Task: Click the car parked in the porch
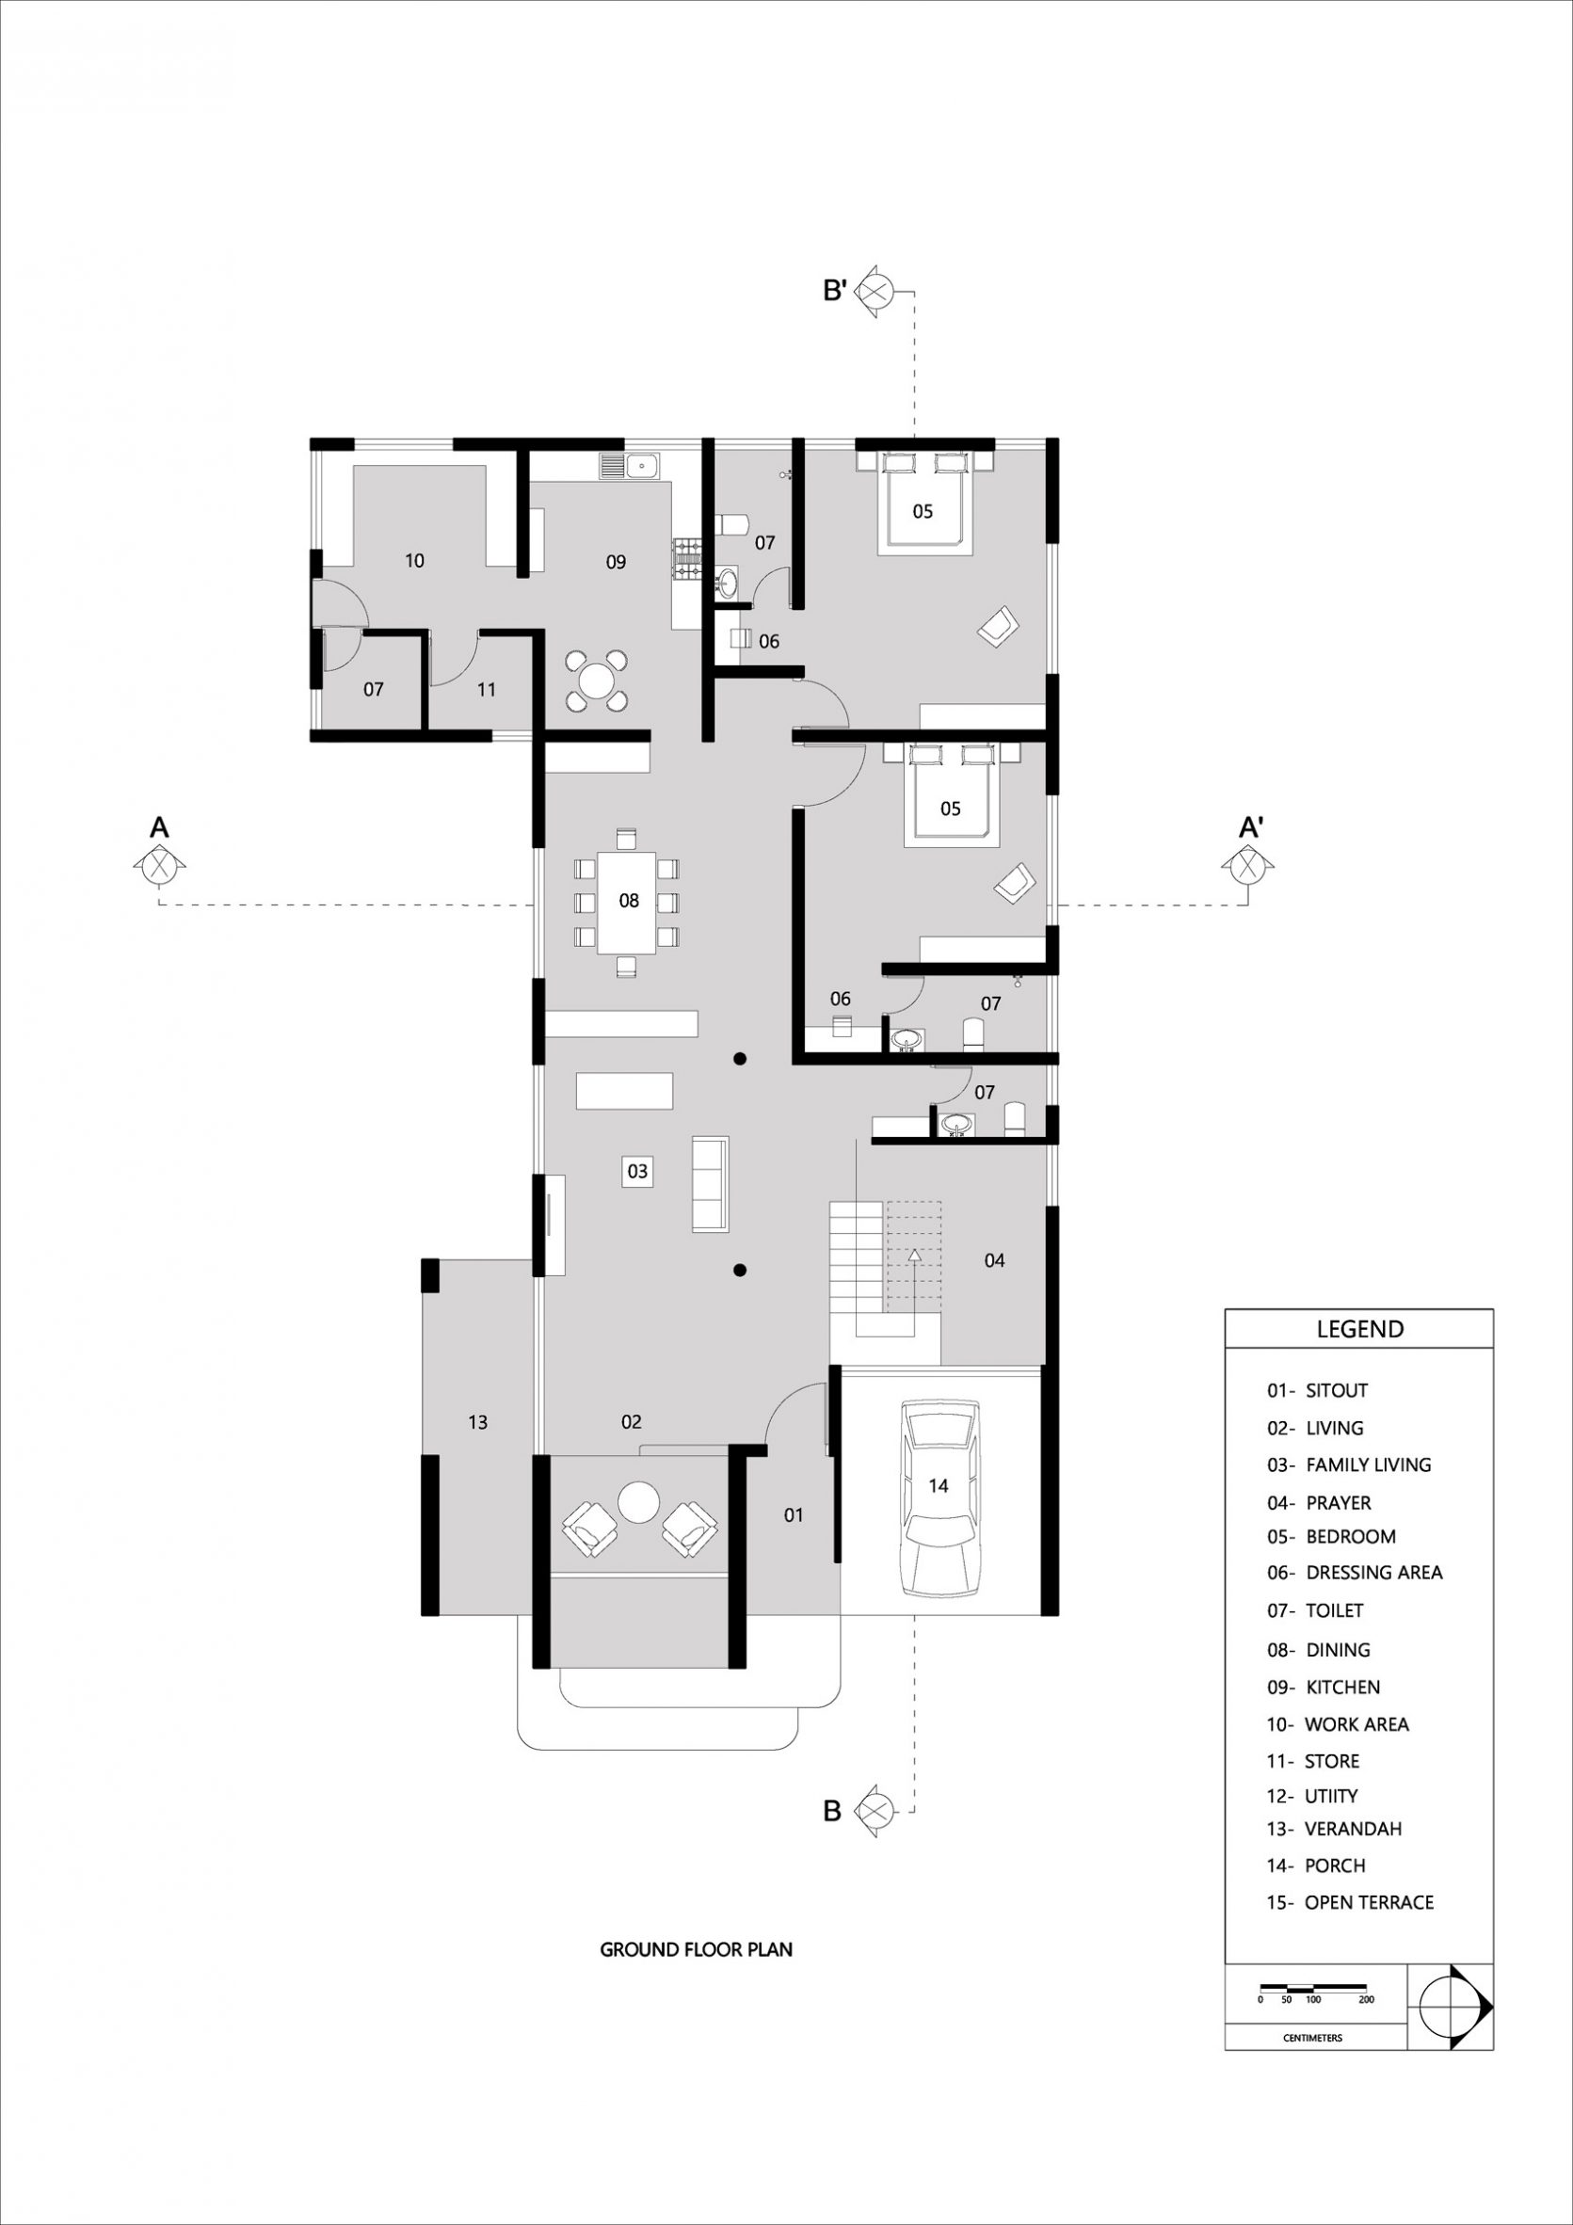[x=939, y=1497]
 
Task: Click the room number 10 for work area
[x=415, y=560]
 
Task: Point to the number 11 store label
[x=487, y=689]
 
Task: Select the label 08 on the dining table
[x=629, y=901]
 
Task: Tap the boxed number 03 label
[x=637, y=1171]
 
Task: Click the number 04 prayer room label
[x=994, y=1260]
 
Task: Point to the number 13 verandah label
[x=478, y=1422]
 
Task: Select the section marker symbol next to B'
[x=876, y=291]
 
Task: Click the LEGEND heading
[x=1359, y=1329]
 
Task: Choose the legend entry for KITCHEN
[x=1323, y=1688]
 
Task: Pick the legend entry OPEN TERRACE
[x=1350, y=1902]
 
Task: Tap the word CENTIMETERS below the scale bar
[x=1313, y=2038]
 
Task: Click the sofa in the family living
[x=711, y=1184]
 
